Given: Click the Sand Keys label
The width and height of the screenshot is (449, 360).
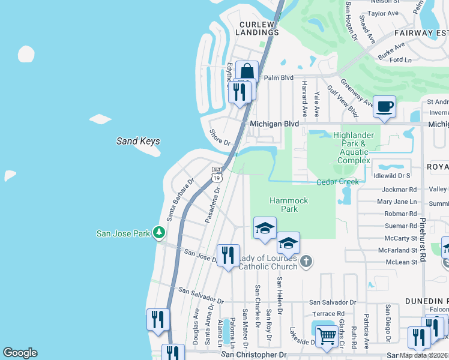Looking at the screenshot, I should (138, 141).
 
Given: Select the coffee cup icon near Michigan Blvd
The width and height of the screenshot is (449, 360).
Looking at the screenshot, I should (384, 107).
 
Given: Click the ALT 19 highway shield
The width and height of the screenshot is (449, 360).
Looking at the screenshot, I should (217, 174).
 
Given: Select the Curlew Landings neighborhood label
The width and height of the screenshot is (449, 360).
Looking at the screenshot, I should (257, 28).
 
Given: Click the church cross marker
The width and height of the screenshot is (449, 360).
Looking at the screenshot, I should (306, 261).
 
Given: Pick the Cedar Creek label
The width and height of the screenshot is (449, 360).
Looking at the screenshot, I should (338, 182).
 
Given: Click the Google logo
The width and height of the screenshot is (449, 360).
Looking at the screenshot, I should (20, 353).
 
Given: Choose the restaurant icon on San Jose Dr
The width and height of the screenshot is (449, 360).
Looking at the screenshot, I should (228, 256).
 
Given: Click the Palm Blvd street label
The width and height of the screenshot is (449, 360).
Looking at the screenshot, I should (279, 77).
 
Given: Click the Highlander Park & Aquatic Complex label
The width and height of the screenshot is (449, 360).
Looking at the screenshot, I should (354, 148).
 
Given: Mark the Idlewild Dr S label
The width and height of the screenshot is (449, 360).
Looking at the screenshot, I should (391, 176).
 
